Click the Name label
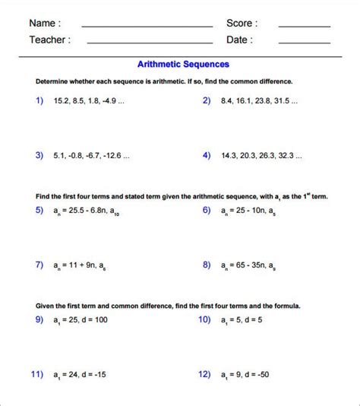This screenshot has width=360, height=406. (x=45, y=24)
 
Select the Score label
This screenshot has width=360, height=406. (x=242, y=24)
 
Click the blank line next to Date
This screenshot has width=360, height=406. (x=304, y=43)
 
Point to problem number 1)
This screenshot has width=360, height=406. (x=39, y=100)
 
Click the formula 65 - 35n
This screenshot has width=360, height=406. (x=245, y=265)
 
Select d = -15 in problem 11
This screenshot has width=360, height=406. (x=93, y=375)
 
